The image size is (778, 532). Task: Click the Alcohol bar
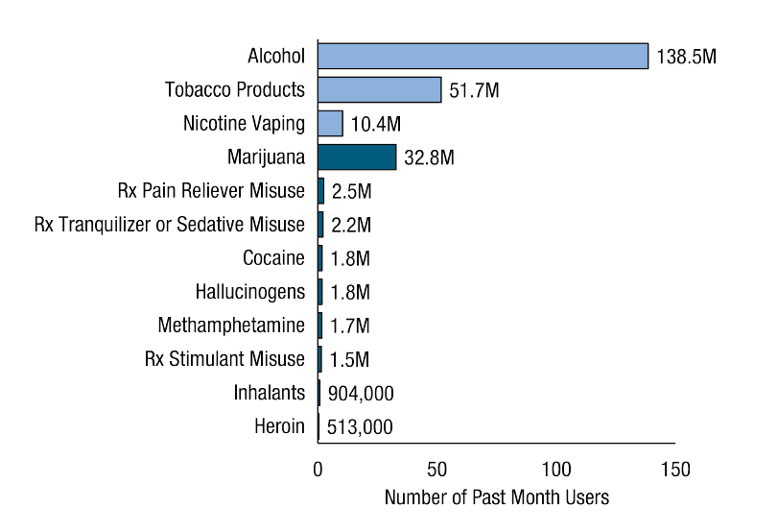[483, 56]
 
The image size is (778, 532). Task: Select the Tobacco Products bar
[379, 90]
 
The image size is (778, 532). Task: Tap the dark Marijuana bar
[357, 157]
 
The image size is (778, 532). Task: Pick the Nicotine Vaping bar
[330, 124]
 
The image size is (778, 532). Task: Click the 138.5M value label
[686, 57]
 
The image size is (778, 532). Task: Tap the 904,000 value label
[361, 394]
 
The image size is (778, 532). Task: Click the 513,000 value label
[361, 427]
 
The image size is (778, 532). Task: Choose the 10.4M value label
[377, 125]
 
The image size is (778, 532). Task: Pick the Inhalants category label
[270, 393]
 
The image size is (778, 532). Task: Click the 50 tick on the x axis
[436, 471]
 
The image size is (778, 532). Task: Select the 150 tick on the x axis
[675, 471]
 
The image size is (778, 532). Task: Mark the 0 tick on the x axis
[318, 471]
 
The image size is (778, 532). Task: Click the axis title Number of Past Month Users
[496, 500]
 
